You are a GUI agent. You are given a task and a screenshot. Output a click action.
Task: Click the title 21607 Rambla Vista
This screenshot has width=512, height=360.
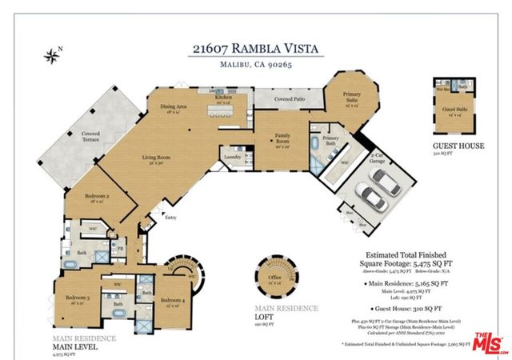256,49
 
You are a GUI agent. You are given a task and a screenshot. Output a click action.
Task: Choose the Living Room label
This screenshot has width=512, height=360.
156,158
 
